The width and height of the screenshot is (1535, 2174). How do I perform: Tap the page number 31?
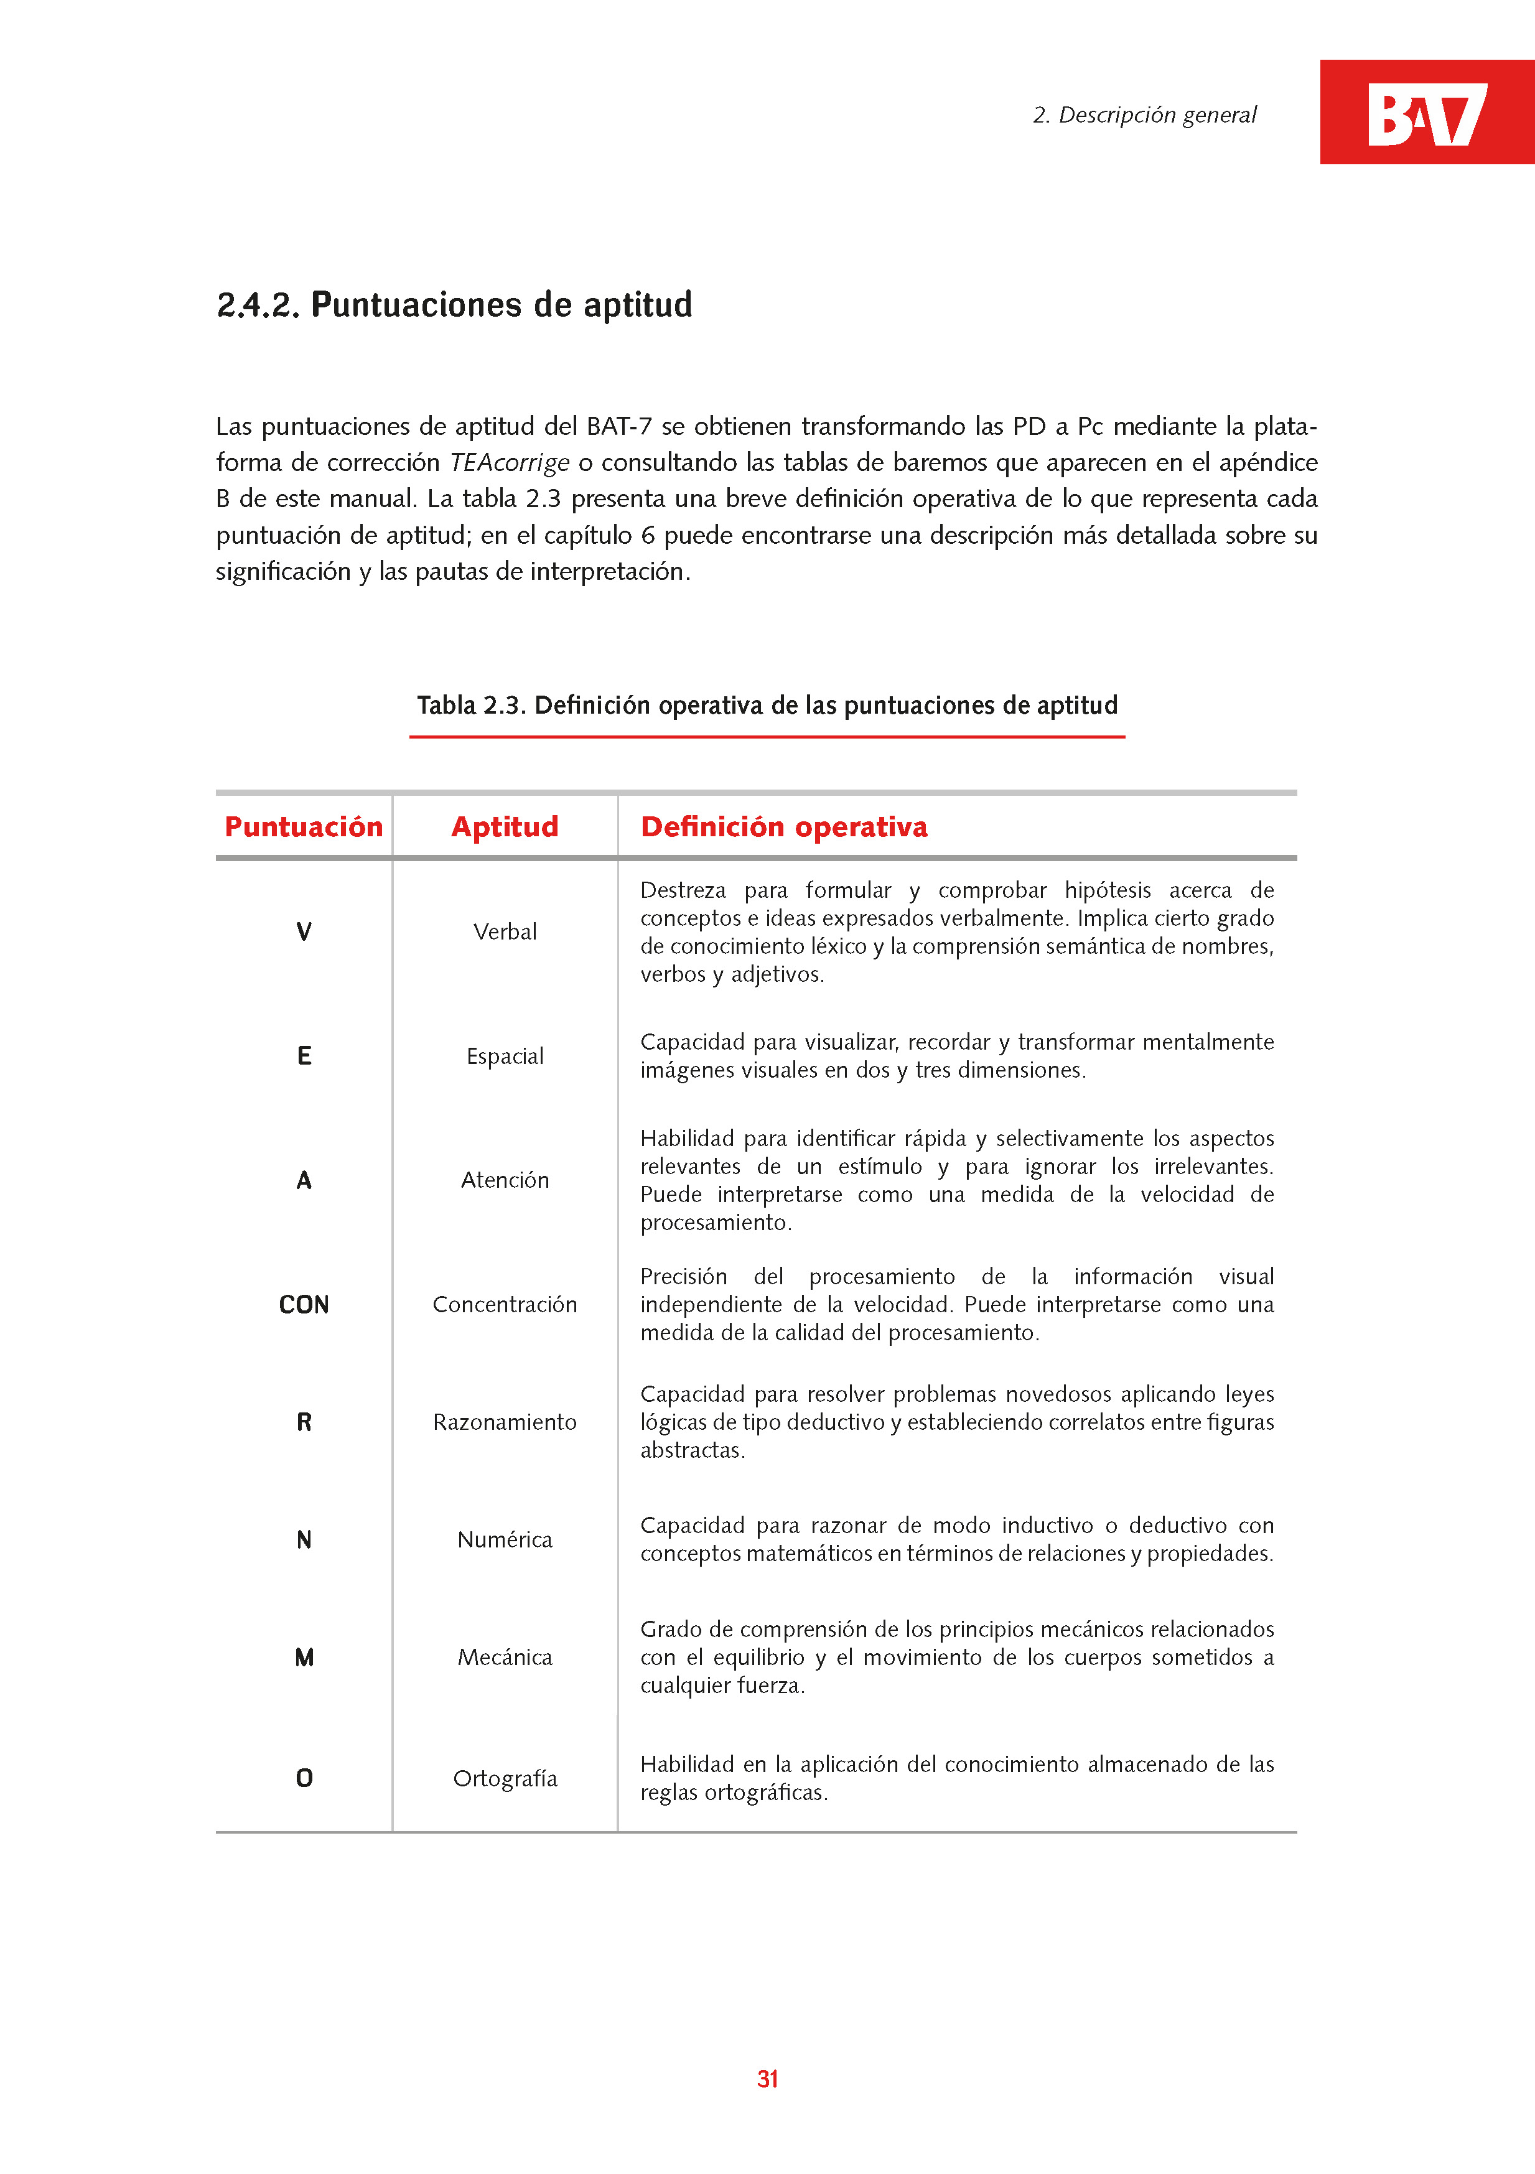point(767,2078)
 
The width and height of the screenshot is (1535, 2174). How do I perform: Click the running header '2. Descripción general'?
point(1144,116)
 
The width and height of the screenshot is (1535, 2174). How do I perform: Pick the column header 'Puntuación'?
point(303,827)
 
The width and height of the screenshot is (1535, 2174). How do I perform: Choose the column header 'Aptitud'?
point(505,827)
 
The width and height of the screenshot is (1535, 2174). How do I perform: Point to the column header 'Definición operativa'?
point(784,827)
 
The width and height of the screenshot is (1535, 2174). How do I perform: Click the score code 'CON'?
point(304,1305)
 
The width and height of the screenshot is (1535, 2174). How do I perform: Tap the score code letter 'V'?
point(304,931)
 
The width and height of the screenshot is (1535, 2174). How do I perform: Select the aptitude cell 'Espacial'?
point(505,1056)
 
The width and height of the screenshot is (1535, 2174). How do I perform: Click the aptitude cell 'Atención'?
point(505,1180)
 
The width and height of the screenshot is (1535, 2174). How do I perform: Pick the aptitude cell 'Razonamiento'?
point(505,1422)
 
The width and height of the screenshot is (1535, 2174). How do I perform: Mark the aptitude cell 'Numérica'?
point(505,1539)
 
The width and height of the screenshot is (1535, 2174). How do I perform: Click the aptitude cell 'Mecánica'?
point(505,1657)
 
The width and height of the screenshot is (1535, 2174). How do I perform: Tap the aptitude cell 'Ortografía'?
point(505,1778)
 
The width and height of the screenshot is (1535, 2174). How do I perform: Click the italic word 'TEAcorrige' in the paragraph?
point(510,463)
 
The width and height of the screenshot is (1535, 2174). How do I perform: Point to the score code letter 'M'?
point(304,1657)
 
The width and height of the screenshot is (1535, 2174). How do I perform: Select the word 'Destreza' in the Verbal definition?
point(683,890)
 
